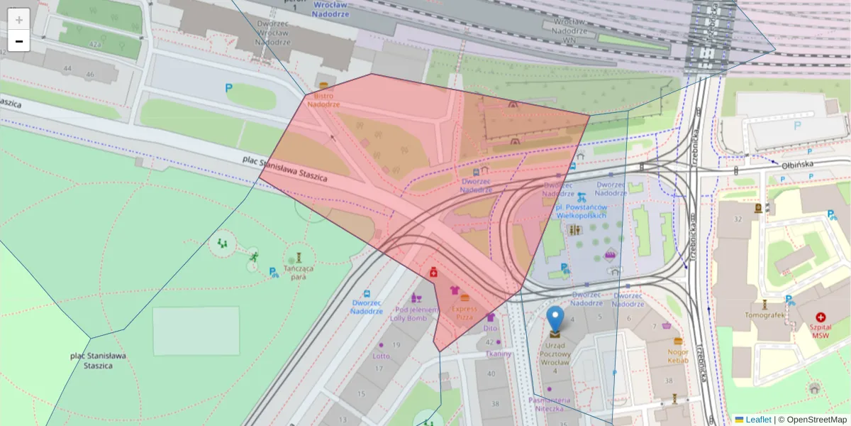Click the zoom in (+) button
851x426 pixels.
pyautogui.click(x=19, y=20)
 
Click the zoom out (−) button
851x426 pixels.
pyautogui.click(x=19, y=41)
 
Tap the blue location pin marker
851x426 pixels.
pyautogui.click(x=556, y=321)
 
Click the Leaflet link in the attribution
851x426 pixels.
pyautogui.click(x=757, y=420)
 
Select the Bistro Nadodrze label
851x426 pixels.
pyautogui.click(x=323, y=100)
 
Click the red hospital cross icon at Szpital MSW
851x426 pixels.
pyautogui.click(x=821, y=317)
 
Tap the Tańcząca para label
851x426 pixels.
pyautogui.click(x=299, y=272)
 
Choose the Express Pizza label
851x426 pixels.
pyautogui.click(x=465, y=313)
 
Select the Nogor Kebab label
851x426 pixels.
pyautogui.click(x=678, y=356)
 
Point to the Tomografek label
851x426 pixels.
pyautogui.click(x=764, y=315)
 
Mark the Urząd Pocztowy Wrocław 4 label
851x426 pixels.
pyautogui.click(x=555, y=353)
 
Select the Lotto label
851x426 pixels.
pyautogui.click(x=382, y=356)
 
